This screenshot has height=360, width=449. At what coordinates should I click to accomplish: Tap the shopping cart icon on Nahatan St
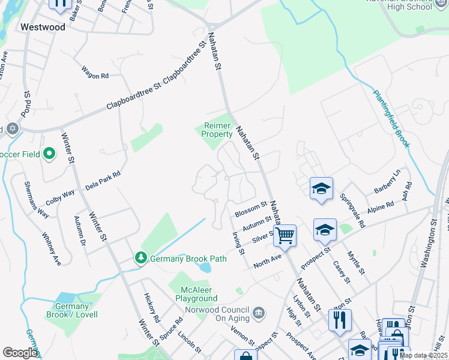pos(285,235)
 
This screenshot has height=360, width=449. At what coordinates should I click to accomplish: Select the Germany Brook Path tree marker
pos(141,258)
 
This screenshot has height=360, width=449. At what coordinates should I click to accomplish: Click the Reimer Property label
pos(217,130)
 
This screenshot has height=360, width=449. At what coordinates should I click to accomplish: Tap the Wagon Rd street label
pos(95,76)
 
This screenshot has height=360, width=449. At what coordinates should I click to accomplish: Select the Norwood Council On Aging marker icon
pos(259,312)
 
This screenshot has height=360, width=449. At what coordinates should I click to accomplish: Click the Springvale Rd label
pos(352,211)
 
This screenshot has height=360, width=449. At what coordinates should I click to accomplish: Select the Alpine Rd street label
pos(381,205)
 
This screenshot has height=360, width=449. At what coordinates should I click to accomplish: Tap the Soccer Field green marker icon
pos(50,154)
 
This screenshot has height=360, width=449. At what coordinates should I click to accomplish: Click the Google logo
pos(20,353)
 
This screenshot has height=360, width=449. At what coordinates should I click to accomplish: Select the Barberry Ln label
pos(387,181)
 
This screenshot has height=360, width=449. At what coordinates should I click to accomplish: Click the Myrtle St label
pos(356,262)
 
